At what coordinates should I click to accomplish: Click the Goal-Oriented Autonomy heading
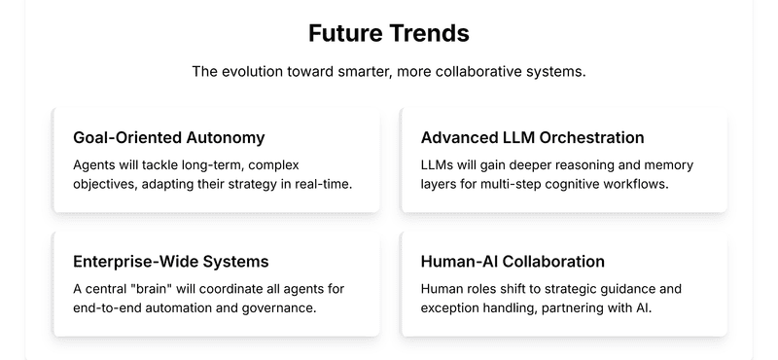click(168, 137)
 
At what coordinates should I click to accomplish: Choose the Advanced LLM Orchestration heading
click(532, 137)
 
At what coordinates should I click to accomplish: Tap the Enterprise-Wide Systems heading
click(171, 262)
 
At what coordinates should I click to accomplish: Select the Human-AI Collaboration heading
click(513, 262)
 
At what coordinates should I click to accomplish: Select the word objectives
click(107, 184)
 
